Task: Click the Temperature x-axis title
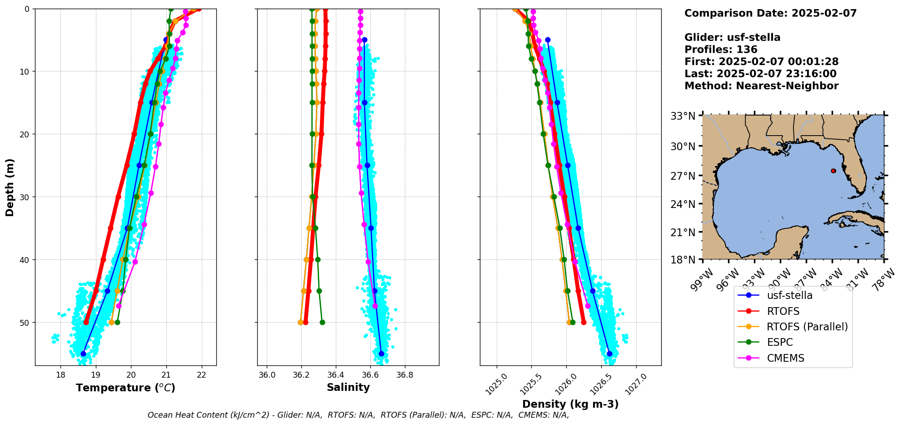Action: [x=125, y=388]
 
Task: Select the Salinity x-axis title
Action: [x=348, y=387]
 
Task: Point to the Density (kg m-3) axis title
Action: [x=570, y=404]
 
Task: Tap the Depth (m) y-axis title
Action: [x=10, y=187]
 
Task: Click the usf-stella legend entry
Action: [x=789, y=295]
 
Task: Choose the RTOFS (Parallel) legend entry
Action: [x=807, y=327]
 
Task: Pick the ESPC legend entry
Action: [x=779, y=342]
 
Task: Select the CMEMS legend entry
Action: [x=785, y=358]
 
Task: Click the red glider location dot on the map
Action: [x=833, y=171]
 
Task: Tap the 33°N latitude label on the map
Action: [x=683, y=116]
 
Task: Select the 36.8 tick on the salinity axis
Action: [x=404, y=375]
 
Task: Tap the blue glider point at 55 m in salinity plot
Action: [x=381, y=354]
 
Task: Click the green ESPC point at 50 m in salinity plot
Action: [x=322, y=322]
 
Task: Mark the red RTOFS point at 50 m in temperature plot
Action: [x=86, y=322]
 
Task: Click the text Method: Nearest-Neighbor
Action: [x=761, y=86]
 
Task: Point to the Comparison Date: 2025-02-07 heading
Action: [x=770, y=13]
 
